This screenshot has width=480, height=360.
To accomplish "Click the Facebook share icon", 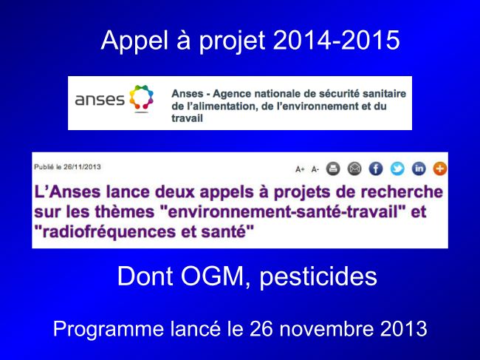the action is [376, 169].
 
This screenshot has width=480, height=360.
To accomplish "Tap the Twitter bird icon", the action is [397, 169].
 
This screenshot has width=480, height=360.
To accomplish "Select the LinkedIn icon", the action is [419, 169].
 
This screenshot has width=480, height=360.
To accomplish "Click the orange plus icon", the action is [440, 169].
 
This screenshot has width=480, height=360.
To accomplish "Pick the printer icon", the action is [333, 169].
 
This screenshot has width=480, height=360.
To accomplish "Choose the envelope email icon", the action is [354, 169].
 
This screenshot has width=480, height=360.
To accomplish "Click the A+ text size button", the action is [300, 169].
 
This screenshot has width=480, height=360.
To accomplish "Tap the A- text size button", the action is [315, 169].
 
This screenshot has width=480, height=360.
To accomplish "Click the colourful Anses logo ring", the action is [141, 98].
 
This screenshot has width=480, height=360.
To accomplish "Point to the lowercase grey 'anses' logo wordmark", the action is [100, 100].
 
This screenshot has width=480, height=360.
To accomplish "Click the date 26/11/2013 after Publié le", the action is [82, 167].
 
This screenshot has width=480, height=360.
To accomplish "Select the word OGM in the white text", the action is [212, 276].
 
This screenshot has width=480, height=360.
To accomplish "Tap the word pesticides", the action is [318, 276].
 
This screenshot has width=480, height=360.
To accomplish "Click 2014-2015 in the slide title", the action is [336, 40].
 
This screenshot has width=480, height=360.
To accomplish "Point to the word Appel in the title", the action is [134, 41].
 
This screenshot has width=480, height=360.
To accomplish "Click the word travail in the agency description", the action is [187, 118].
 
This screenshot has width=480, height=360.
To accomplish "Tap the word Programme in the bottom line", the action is [109, 330].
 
